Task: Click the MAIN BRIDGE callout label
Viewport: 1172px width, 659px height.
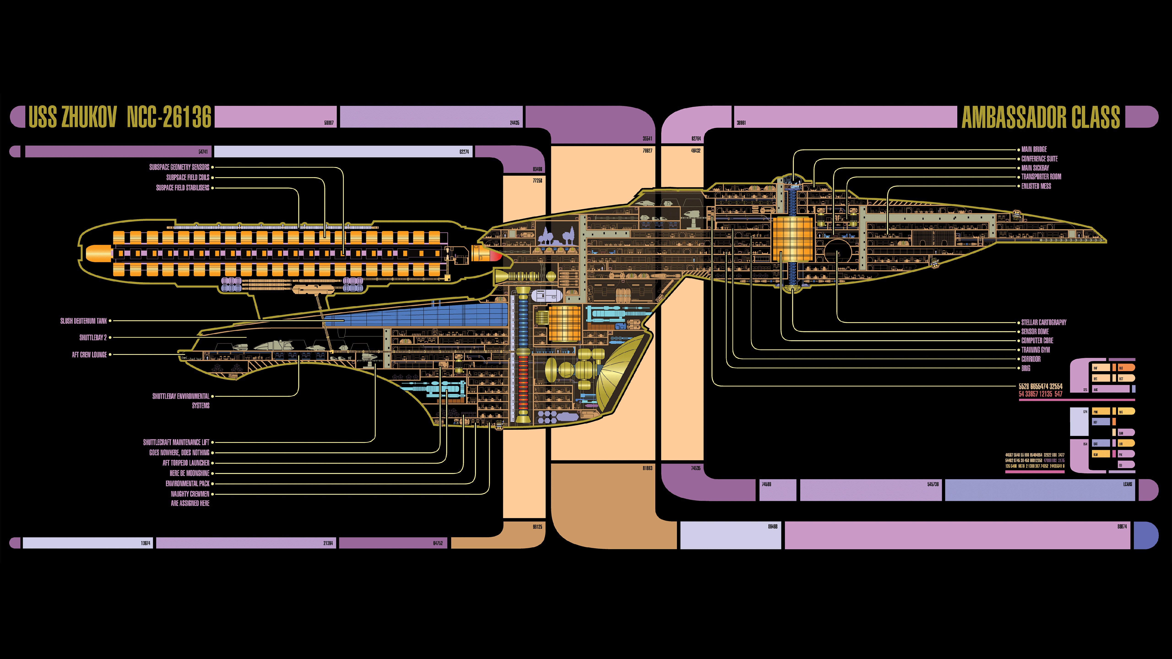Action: [1034, 149]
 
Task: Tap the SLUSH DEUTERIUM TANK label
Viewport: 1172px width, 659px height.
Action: [84, 321]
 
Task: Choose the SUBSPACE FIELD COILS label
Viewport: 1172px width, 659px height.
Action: [187, 177]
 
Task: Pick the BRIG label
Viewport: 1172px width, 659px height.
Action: [1025, 368]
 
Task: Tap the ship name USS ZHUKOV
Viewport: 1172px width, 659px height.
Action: [73, 117]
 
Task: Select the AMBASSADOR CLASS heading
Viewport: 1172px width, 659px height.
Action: [1041, 117]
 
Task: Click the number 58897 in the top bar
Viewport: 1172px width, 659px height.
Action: [328, 123]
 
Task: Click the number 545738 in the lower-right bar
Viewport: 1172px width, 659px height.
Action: [933, 484]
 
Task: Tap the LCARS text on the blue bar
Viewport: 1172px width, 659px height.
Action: [1127, 484]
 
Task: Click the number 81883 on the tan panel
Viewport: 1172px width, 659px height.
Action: [647, 468]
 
